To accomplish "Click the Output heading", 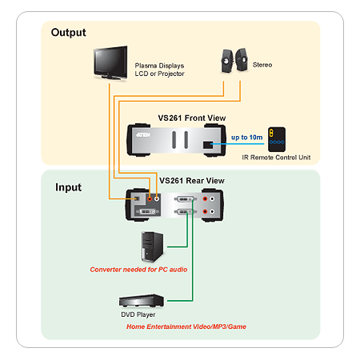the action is pos(69,33).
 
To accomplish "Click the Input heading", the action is pos(68,187).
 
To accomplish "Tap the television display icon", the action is pos(110,63).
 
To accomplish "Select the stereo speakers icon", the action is pos(234,60).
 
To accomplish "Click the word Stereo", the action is pos(262,65).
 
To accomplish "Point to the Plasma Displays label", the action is pos(159,66).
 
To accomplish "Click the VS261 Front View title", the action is pos(192,118).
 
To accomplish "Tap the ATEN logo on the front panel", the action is pos(143,135).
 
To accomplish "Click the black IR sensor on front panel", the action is pos(208,145).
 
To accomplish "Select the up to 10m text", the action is pos(247,138).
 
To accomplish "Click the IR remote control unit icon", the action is pos(277,139).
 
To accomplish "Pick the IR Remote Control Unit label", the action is pos(276,158).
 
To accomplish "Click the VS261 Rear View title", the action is pos(192,181).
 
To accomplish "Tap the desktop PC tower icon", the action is pos(152,246).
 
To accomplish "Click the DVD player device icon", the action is pos(142,301).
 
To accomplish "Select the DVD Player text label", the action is pos(138,314).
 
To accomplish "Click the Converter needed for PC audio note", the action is pos(138,270).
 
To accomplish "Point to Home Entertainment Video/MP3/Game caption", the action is pos(186,326).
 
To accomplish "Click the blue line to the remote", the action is pos(238,144).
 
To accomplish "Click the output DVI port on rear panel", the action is pos(147,212).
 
